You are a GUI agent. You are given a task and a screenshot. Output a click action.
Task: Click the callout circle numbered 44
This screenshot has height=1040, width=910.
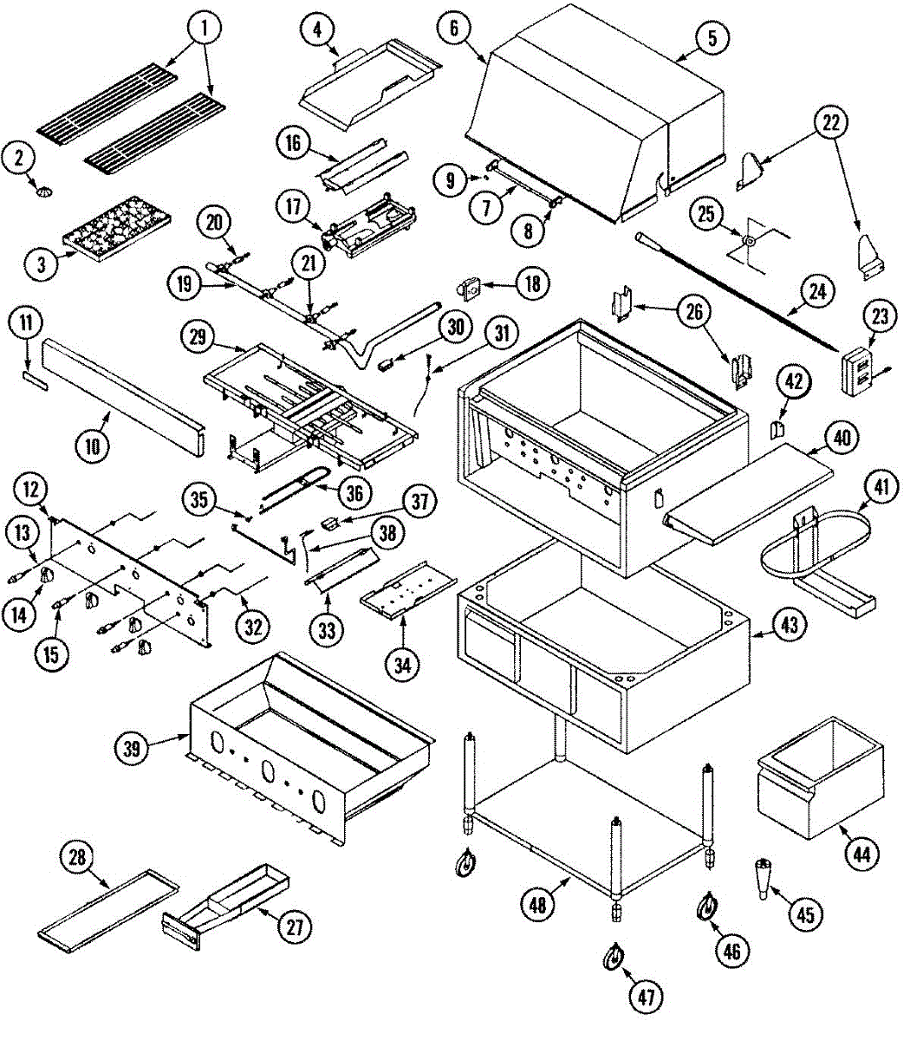click(x=861, y=854)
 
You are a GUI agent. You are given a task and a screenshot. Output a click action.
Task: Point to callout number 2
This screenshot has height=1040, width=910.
click(x=18, y=159)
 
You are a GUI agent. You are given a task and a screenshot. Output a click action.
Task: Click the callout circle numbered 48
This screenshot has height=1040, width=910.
click(x=539, y=905)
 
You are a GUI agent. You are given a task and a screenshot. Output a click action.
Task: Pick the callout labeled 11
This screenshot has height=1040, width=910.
click(x=26, y=325)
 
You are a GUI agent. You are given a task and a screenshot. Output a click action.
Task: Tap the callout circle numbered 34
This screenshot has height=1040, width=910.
click(x=405, y=666)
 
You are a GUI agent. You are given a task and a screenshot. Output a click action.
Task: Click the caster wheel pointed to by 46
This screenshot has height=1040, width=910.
click(x=707, y=907)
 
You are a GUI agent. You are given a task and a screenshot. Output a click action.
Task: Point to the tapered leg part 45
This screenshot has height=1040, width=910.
click(x=764, y=878)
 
